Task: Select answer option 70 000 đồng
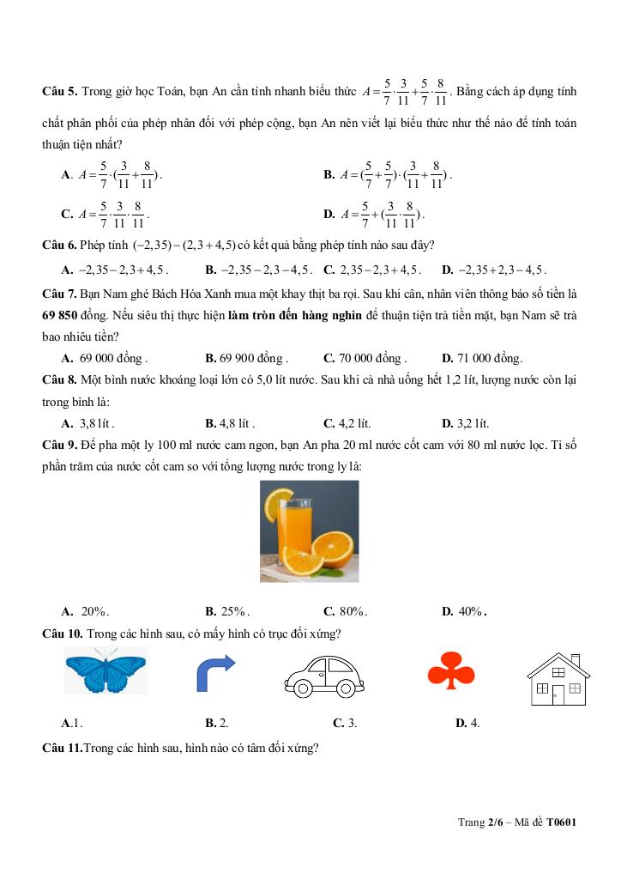[x=365, y=359]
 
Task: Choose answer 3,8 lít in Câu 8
[x=88, y=423]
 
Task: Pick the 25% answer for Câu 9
[x=227, y=612]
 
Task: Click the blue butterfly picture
[x=106, y=670]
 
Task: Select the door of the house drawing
[x=558, y=694]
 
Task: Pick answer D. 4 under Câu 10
[x=468, y=723]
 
